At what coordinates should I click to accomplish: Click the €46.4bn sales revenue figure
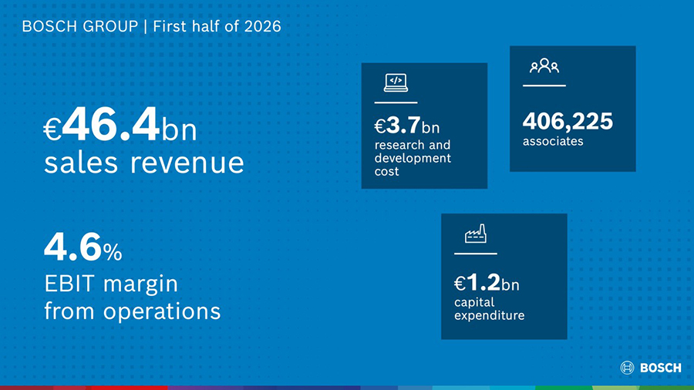pos(120,125)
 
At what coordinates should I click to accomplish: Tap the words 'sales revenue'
pos(144,163)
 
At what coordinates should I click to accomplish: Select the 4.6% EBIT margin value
pos(83,247)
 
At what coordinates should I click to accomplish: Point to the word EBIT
pos(71,284)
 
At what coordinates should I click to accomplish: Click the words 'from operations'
pos(133,311)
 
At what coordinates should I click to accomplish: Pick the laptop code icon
pos(396,82)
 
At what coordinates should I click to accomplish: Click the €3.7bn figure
pos(406,126)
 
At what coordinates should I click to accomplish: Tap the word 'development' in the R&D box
pos(413,158)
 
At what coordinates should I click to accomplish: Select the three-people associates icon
pos(544,66)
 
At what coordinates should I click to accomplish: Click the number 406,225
pos(568,121)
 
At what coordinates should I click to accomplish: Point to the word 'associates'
pos(553,142)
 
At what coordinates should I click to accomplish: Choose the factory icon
pos(475,234)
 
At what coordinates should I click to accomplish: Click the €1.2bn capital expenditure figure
pos(487,283)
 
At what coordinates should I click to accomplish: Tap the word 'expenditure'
pos(489,316)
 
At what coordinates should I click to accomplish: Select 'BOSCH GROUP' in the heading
pos(80,26)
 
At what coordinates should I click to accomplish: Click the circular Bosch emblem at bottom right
pos(627,368)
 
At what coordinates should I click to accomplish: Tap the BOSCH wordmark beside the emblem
pos(661,368)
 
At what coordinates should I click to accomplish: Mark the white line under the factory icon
pos(475,254)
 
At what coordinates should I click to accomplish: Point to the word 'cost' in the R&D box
pos(386,172)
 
